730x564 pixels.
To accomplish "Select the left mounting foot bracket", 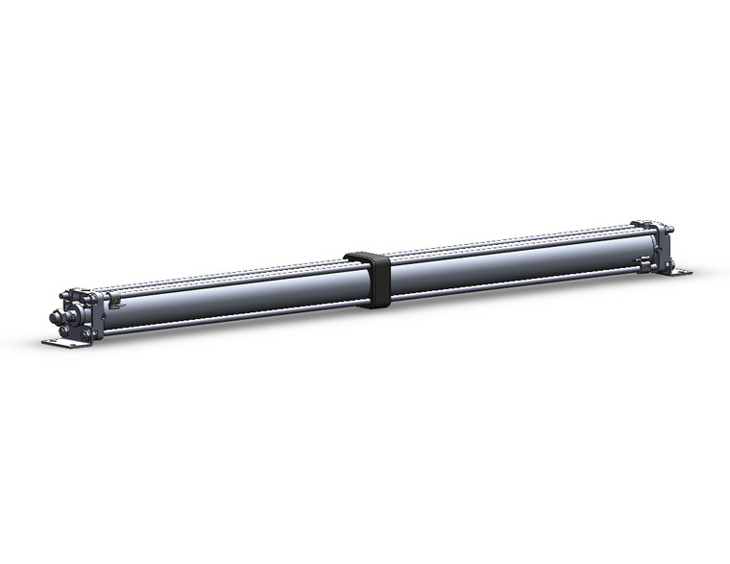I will (x=64, y=341).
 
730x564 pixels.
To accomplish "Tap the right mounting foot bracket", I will (x=680, y=272).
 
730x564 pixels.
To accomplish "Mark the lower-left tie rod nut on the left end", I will (x=64, y=330).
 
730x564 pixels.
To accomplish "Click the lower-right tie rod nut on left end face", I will (x=87, y=333).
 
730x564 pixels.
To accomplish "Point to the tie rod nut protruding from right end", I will (x=670, y=230).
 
